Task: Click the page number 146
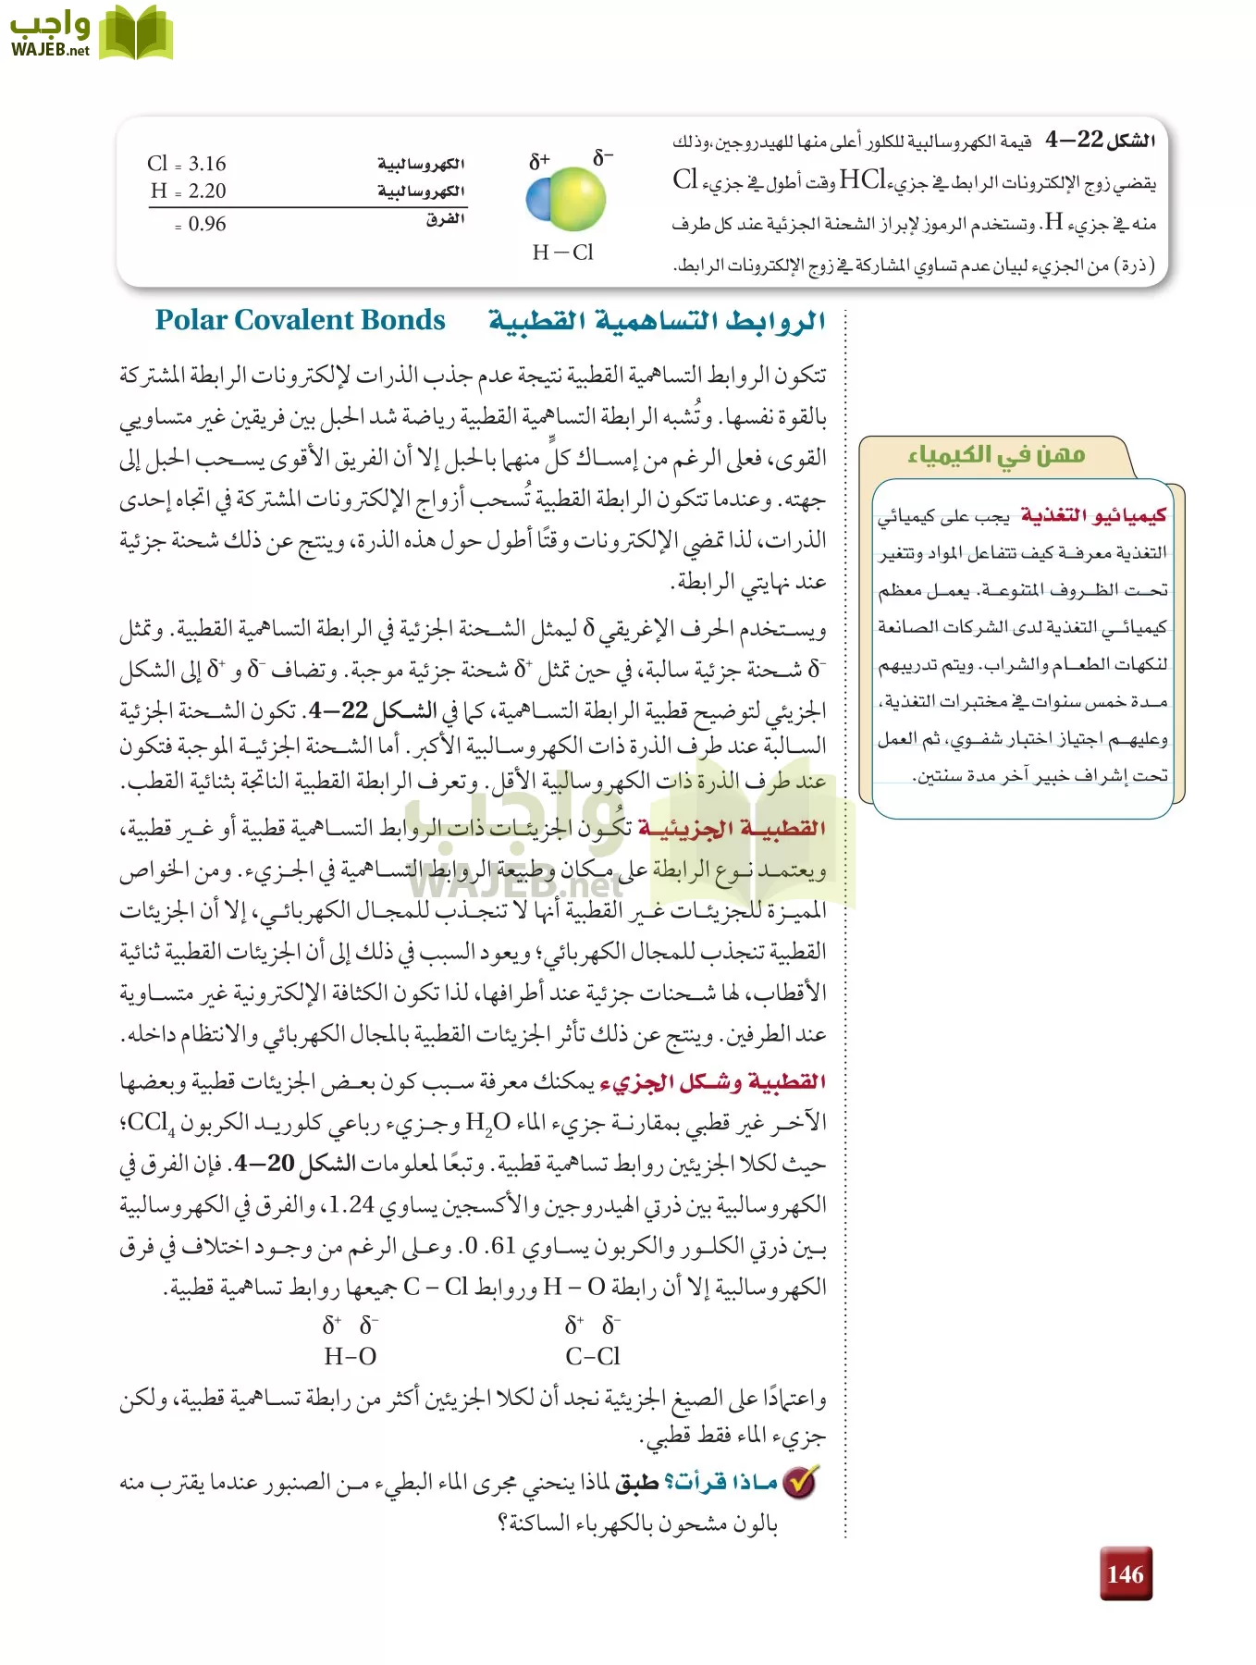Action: coord(1125,1573)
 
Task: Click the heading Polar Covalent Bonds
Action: coord(300,320)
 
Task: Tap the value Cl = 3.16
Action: coord(187,164)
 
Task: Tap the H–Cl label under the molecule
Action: coord(562,253)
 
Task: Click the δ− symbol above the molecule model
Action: coord(602,157)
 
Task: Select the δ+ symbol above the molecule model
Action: coord(538,161)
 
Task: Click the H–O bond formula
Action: coord(350,1356)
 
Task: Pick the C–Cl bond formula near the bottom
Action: coord(593,1356)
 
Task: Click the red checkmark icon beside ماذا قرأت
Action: coord(800,1482)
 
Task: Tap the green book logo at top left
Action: coord(135,34)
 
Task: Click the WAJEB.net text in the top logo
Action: coord(50,50)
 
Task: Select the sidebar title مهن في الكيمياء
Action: coord(995,454)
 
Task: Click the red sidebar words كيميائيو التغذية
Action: coord(1092,515)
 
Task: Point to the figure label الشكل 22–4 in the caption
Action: coord(1100,140)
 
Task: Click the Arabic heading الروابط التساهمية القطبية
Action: coord(657,321)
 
